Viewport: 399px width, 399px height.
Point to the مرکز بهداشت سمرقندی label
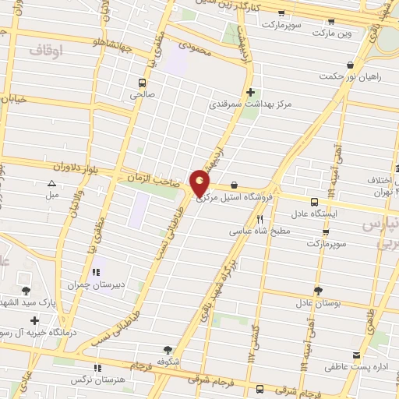point(249,104)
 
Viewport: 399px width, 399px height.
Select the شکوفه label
point(168,362)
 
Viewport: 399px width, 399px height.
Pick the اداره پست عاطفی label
point(356,365)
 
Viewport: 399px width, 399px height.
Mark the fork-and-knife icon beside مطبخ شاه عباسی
point(260,220)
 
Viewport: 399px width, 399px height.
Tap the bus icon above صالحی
point(142,82)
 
